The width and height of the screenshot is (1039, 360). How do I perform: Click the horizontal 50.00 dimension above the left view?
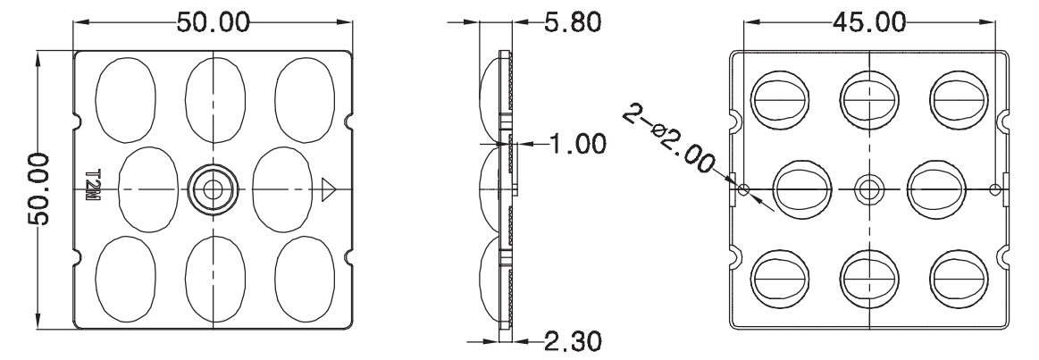click(x=214, y=21)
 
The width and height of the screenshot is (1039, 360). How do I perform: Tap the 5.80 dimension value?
click(x=574, y=21)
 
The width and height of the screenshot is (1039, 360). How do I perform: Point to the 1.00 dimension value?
click(x=577, y=143)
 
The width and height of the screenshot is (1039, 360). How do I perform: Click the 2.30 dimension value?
click(x=574, y=341)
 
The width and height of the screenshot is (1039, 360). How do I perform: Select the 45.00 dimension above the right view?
click(x=869, y=21)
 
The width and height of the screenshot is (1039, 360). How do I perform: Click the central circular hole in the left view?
click(x=213, y=189)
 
